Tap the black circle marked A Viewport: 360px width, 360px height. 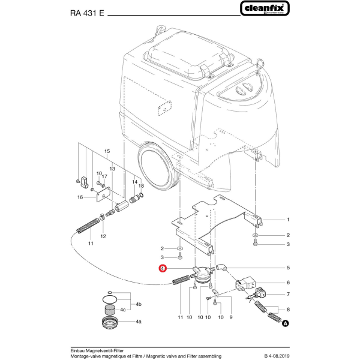pos(285,323)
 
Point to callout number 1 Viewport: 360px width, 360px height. pos(288,220)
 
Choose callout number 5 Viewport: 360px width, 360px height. pos(288,268)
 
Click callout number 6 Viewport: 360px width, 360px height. pos(288,283)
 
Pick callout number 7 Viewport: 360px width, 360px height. pos(288,295)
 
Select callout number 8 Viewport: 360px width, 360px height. pos(288,310)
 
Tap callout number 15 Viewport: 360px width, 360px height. pos(107,151)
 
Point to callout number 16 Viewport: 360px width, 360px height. pos(80,197)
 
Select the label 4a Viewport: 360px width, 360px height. pos(139,322)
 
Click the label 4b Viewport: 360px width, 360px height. pos(139,304)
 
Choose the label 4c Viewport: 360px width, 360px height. pos(122,310)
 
